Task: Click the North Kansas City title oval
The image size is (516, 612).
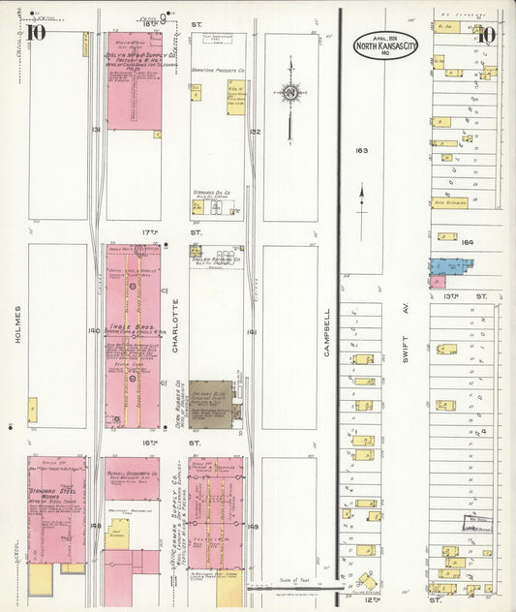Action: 386,46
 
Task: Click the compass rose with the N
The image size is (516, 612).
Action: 290,93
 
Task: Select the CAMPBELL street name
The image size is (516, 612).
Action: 327,331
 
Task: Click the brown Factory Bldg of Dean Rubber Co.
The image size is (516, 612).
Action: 210,399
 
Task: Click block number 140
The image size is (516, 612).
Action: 93,330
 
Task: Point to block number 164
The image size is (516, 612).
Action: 469,241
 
